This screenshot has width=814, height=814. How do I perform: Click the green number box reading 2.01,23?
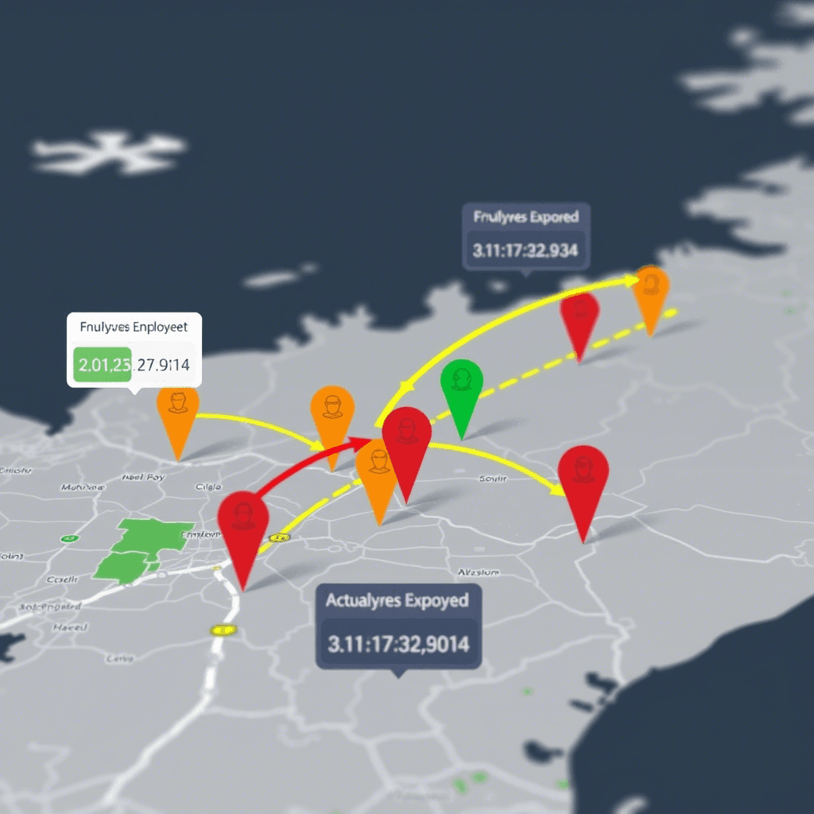click(x=101, y=366)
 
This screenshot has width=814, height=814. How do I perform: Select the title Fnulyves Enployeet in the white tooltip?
click(x=134, y=326)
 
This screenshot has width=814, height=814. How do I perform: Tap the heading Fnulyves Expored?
click(x=525, y=216)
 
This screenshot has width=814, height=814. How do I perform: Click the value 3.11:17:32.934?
click(x=525, y=250)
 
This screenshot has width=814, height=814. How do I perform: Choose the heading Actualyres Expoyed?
click(x=397, y=600)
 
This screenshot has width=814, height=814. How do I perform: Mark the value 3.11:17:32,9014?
click(x=398, y=643)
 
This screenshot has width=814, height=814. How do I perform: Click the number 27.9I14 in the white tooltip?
click(x=163, y=366)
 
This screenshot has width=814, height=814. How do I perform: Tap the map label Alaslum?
click(x=479, y=572)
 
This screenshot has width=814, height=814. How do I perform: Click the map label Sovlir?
click(x=493, y=479)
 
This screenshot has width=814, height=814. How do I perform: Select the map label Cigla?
click(x=208, y=486)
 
